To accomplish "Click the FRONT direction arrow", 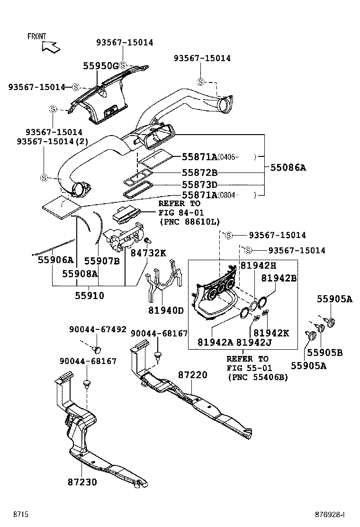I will tap(50, 46).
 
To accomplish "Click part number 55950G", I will tap(100, 66).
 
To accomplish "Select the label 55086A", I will tap(288, 167).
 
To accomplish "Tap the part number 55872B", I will tap(199, 173).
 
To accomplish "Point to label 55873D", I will tap(199, 184).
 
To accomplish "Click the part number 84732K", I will tap(148, 254).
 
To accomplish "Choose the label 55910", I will tap(89, 295).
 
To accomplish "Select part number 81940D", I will tap(167, 310).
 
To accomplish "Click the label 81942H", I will tap(258, 266).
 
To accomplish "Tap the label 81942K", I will tap(271, 333).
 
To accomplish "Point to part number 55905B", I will tap(325, 352).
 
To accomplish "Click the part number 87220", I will tap(193, 375).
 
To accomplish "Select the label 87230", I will tap(82, 482).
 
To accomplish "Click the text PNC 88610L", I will tap(189, 222).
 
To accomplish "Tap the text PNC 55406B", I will tap(258, 377).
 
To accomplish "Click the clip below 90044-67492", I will tap(98, 350).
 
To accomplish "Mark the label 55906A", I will tap(56, 260).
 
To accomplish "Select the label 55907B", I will tap(102, 260).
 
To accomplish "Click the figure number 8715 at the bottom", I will tap(21, 514).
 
